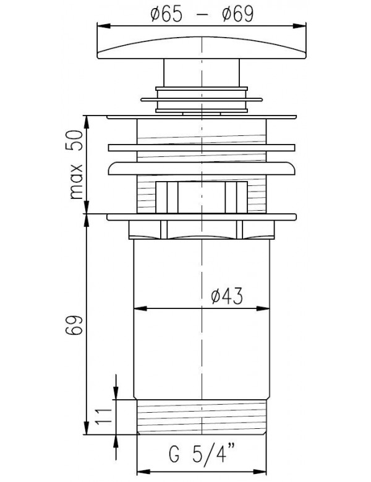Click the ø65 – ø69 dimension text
point(202,14)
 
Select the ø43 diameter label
point(227,296)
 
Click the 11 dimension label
point(103,416)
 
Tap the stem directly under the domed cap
point(202,72)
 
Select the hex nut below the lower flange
point(202,230)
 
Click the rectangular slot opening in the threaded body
point(202,197)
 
